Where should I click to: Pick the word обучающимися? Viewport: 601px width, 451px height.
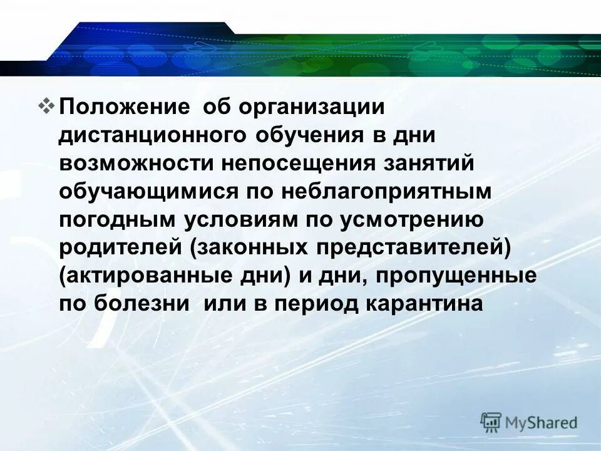coord(148,192)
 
